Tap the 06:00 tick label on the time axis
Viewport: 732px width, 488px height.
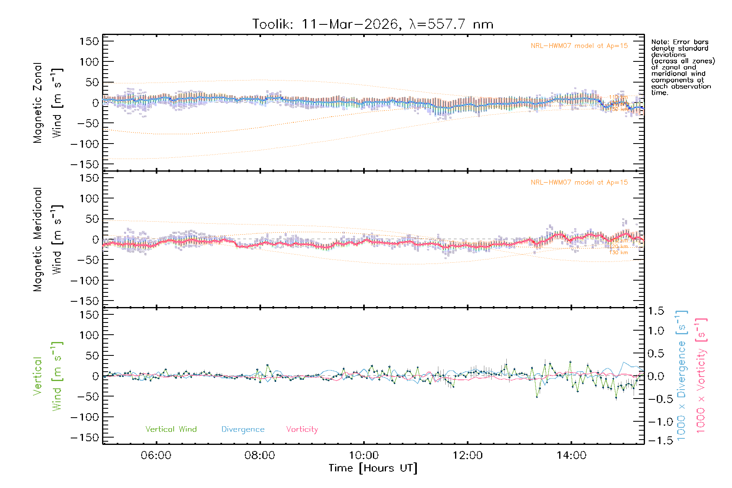click(x=156, y=455)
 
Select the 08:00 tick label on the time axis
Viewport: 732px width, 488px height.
click(x=259, y=455)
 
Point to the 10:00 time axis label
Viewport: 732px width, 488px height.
click(x=364, y=455)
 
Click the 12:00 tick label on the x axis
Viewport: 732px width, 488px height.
click(x=467, y=455)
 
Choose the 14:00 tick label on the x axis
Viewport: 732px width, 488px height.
click(x=571, y=455)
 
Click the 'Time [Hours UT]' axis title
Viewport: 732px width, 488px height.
click(x=373, y=468)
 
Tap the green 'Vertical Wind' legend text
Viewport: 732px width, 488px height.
click(x=171, y=429)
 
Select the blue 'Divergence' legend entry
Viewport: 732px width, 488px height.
click(x=243, y=429)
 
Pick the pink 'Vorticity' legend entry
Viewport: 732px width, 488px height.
click(x=302, y=429)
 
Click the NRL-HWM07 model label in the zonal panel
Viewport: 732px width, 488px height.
click(x=579, y=46)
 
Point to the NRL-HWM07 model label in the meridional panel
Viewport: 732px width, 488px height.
click(x=579, y=183)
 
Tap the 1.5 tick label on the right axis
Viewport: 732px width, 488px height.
click(x=656, y=311)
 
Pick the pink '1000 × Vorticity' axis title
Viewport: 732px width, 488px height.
click(x=701, y=376)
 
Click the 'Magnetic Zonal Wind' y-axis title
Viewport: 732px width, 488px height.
click(x=48, y=103)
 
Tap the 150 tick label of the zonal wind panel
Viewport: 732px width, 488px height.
click(x=89, y=41)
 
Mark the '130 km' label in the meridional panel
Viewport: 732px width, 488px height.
click(x=619, y=253)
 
